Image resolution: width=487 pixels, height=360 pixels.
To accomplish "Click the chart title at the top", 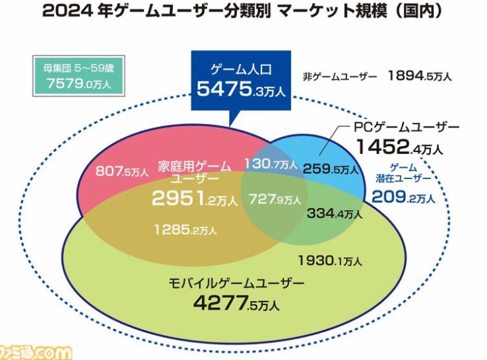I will pos(243,12).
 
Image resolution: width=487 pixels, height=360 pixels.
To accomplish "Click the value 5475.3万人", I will pos(241,89).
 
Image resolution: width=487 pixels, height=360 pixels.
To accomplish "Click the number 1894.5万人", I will pos(420,76).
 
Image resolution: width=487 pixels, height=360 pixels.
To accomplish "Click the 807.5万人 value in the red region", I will pos(121,172).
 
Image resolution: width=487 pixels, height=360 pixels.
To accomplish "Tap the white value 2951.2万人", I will pos(194,198).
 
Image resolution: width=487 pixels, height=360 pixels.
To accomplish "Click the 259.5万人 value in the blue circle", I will pos(331,169).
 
